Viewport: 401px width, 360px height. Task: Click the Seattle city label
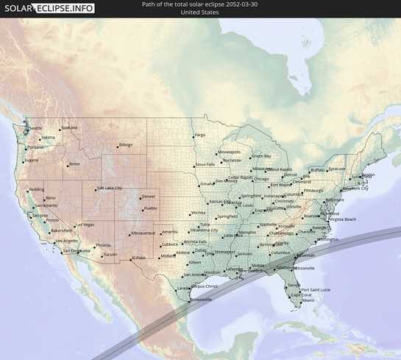36,128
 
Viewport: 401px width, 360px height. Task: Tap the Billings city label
126,144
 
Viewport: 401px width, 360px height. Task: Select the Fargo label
200,135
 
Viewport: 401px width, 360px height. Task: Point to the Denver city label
149,197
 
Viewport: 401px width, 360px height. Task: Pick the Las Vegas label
85,225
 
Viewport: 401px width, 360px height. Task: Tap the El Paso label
138,258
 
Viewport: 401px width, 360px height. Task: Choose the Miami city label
308,300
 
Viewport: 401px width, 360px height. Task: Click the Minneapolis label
229,152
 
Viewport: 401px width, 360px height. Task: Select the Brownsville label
201,300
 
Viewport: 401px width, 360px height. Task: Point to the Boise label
74,163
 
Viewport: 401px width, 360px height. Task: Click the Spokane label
69,127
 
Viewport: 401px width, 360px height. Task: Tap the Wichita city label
198,213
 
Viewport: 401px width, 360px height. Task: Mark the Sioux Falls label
205,164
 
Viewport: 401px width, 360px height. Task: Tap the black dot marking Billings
116,147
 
